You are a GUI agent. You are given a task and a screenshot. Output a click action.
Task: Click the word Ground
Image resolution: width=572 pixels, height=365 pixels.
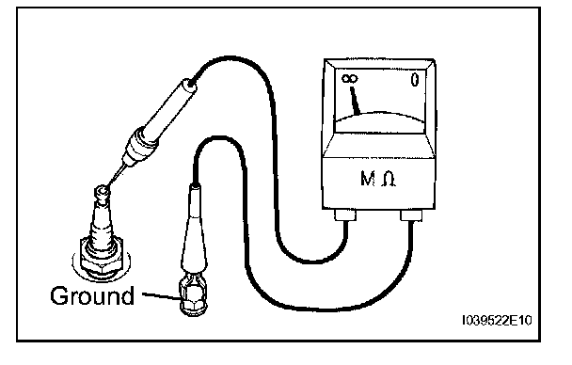pos(92,296)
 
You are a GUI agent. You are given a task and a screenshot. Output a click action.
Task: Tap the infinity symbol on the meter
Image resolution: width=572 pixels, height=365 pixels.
pos(350,78)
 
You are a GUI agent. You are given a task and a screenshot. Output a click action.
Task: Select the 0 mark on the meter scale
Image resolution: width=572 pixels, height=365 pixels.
pos(414,80)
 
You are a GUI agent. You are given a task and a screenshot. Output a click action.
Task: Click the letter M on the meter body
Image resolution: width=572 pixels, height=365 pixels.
pos(367,179)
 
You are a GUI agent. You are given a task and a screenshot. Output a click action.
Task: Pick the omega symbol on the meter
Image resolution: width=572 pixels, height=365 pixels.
pos(389,179)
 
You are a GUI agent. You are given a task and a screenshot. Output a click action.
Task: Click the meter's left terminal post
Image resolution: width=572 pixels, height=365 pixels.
pos(345,214)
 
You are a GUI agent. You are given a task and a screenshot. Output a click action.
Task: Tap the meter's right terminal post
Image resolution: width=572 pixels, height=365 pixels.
pos(411,215)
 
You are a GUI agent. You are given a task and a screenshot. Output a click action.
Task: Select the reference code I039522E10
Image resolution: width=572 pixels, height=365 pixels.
pos(497,321)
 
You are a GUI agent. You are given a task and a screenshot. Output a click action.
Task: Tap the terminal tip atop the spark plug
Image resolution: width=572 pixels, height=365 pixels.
pos(103,193)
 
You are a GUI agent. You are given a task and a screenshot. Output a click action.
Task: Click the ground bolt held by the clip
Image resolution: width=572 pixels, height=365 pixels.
pos(193,298)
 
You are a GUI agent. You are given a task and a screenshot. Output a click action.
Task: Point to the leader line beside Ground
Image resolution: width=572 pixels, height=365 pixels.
pos(161,296)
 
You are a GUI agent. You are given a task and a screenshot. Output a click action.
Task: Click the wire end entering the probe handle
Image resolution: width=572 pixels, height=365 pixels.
pos(193,81)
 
